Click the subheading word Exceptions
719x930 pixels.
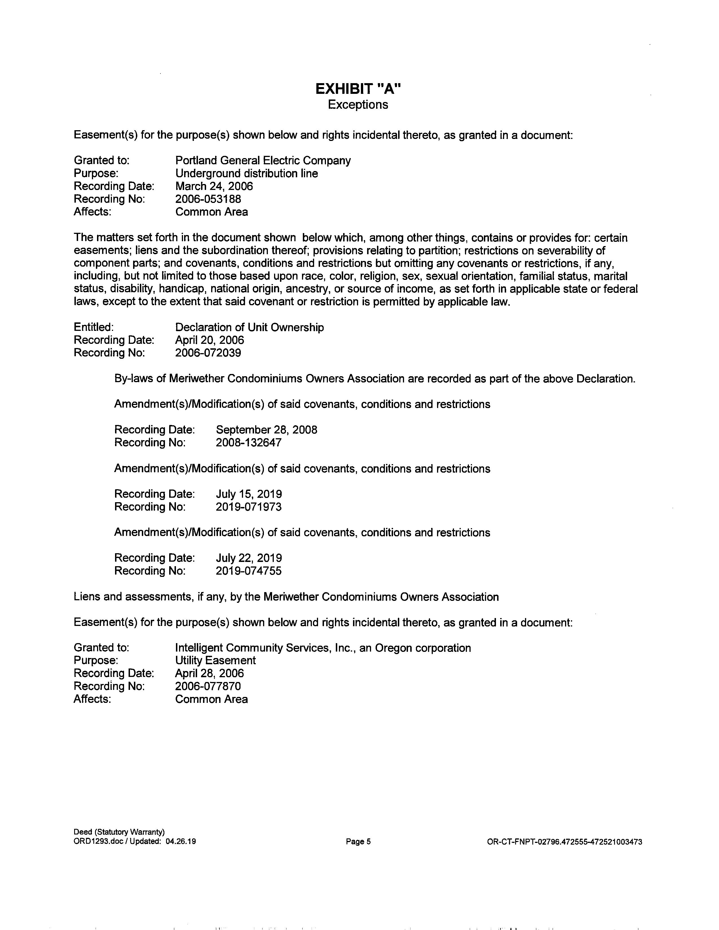pyautogui.click(x=358, y=105)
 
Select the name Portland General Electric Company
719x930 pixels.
pyautogui.click(x=263, y=161)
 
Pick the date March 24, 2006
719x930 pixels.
pyautogui.click(x=214, y=186)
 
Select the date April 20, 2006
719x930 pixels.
pyautogui.click(x=209, y=340)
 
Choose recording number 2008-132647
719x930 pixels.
pyautogui.click(x=248, y=442)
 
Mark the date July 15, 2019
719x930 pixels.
pyautogui.click(x=248, y=494)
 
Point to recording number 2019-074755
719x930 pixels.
pyautogui.click(x=248, y=571)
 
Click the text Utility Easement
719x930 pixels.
pyautogui.click(x=215, y=661)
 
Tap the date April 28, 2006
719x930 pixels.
pyautogui.click(x=209, y=673)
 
